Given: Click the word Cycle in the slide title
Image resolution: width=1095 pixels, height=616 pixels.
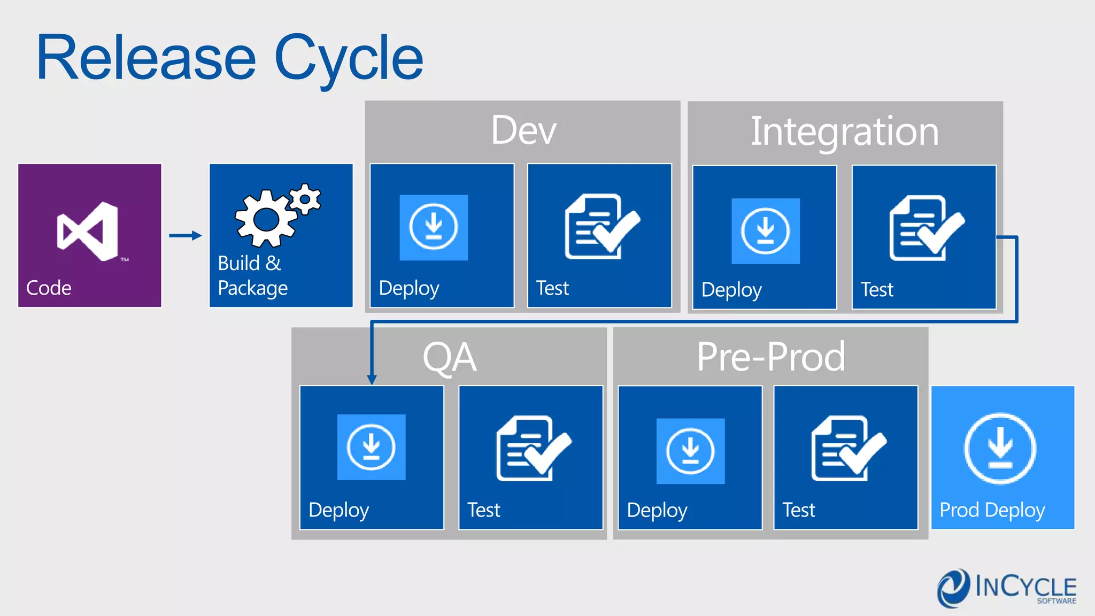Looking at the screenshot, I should [x=349, y=59].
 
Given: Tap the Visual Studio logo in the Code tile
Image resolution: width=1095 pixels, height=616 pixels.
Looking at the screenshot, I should [x=89, y=232].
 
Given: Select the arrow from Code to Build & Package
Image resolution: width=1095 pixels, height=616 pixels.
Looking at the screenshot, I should [x=185, y=235].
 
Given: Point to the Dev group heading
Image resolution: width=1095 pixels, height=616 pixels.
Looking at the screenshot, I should [x=523, y=130].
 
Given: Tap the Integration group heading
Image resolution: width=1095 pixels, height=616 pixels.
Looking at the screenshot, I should [x=844, y=132].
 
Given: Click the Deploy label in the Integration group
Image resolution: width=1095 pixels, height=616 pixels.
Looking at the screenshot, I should [x=731, y=290].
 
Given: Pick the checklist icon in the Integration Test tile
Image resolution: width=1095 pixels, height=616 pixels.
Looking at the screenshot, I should [x=926, y=228].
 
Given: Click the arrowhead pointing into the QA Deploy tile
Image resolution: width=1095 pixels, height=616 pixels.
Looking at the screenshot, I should [x=372, y=380].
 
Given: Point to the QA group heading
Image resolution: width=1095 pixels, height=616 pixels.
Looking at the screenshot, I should [x=449, y=357].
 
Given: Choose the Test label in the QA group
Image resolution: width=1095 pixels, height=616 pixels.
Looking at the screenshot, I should [x=483, y=510].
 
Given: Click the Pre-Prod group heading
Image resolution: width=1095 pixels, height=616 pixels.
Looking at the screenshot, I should [x=770, y=357].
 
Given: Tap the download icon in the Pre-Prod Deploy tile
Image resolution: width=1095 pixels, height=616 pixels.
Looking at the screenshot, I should [x=690, y=451].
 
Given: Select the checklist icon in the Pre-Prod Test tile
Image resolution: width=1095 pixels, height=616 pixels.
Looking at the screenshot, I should [x=848, y=448].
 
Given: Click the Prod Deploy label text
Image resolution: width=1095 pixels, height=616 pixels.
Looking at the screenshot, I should [x=992, y=510].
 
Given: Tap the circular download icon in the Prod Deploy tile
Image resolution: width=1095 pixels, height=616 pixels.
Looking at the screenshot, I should [x=1000, y=448].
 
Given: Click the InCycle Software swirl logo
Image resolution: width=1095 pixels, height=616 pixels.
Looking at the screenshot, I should [x=953, y=588].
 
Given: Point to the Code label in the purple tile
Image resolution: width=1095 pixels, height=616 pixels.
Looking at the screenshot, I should [x=49, y=288].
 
